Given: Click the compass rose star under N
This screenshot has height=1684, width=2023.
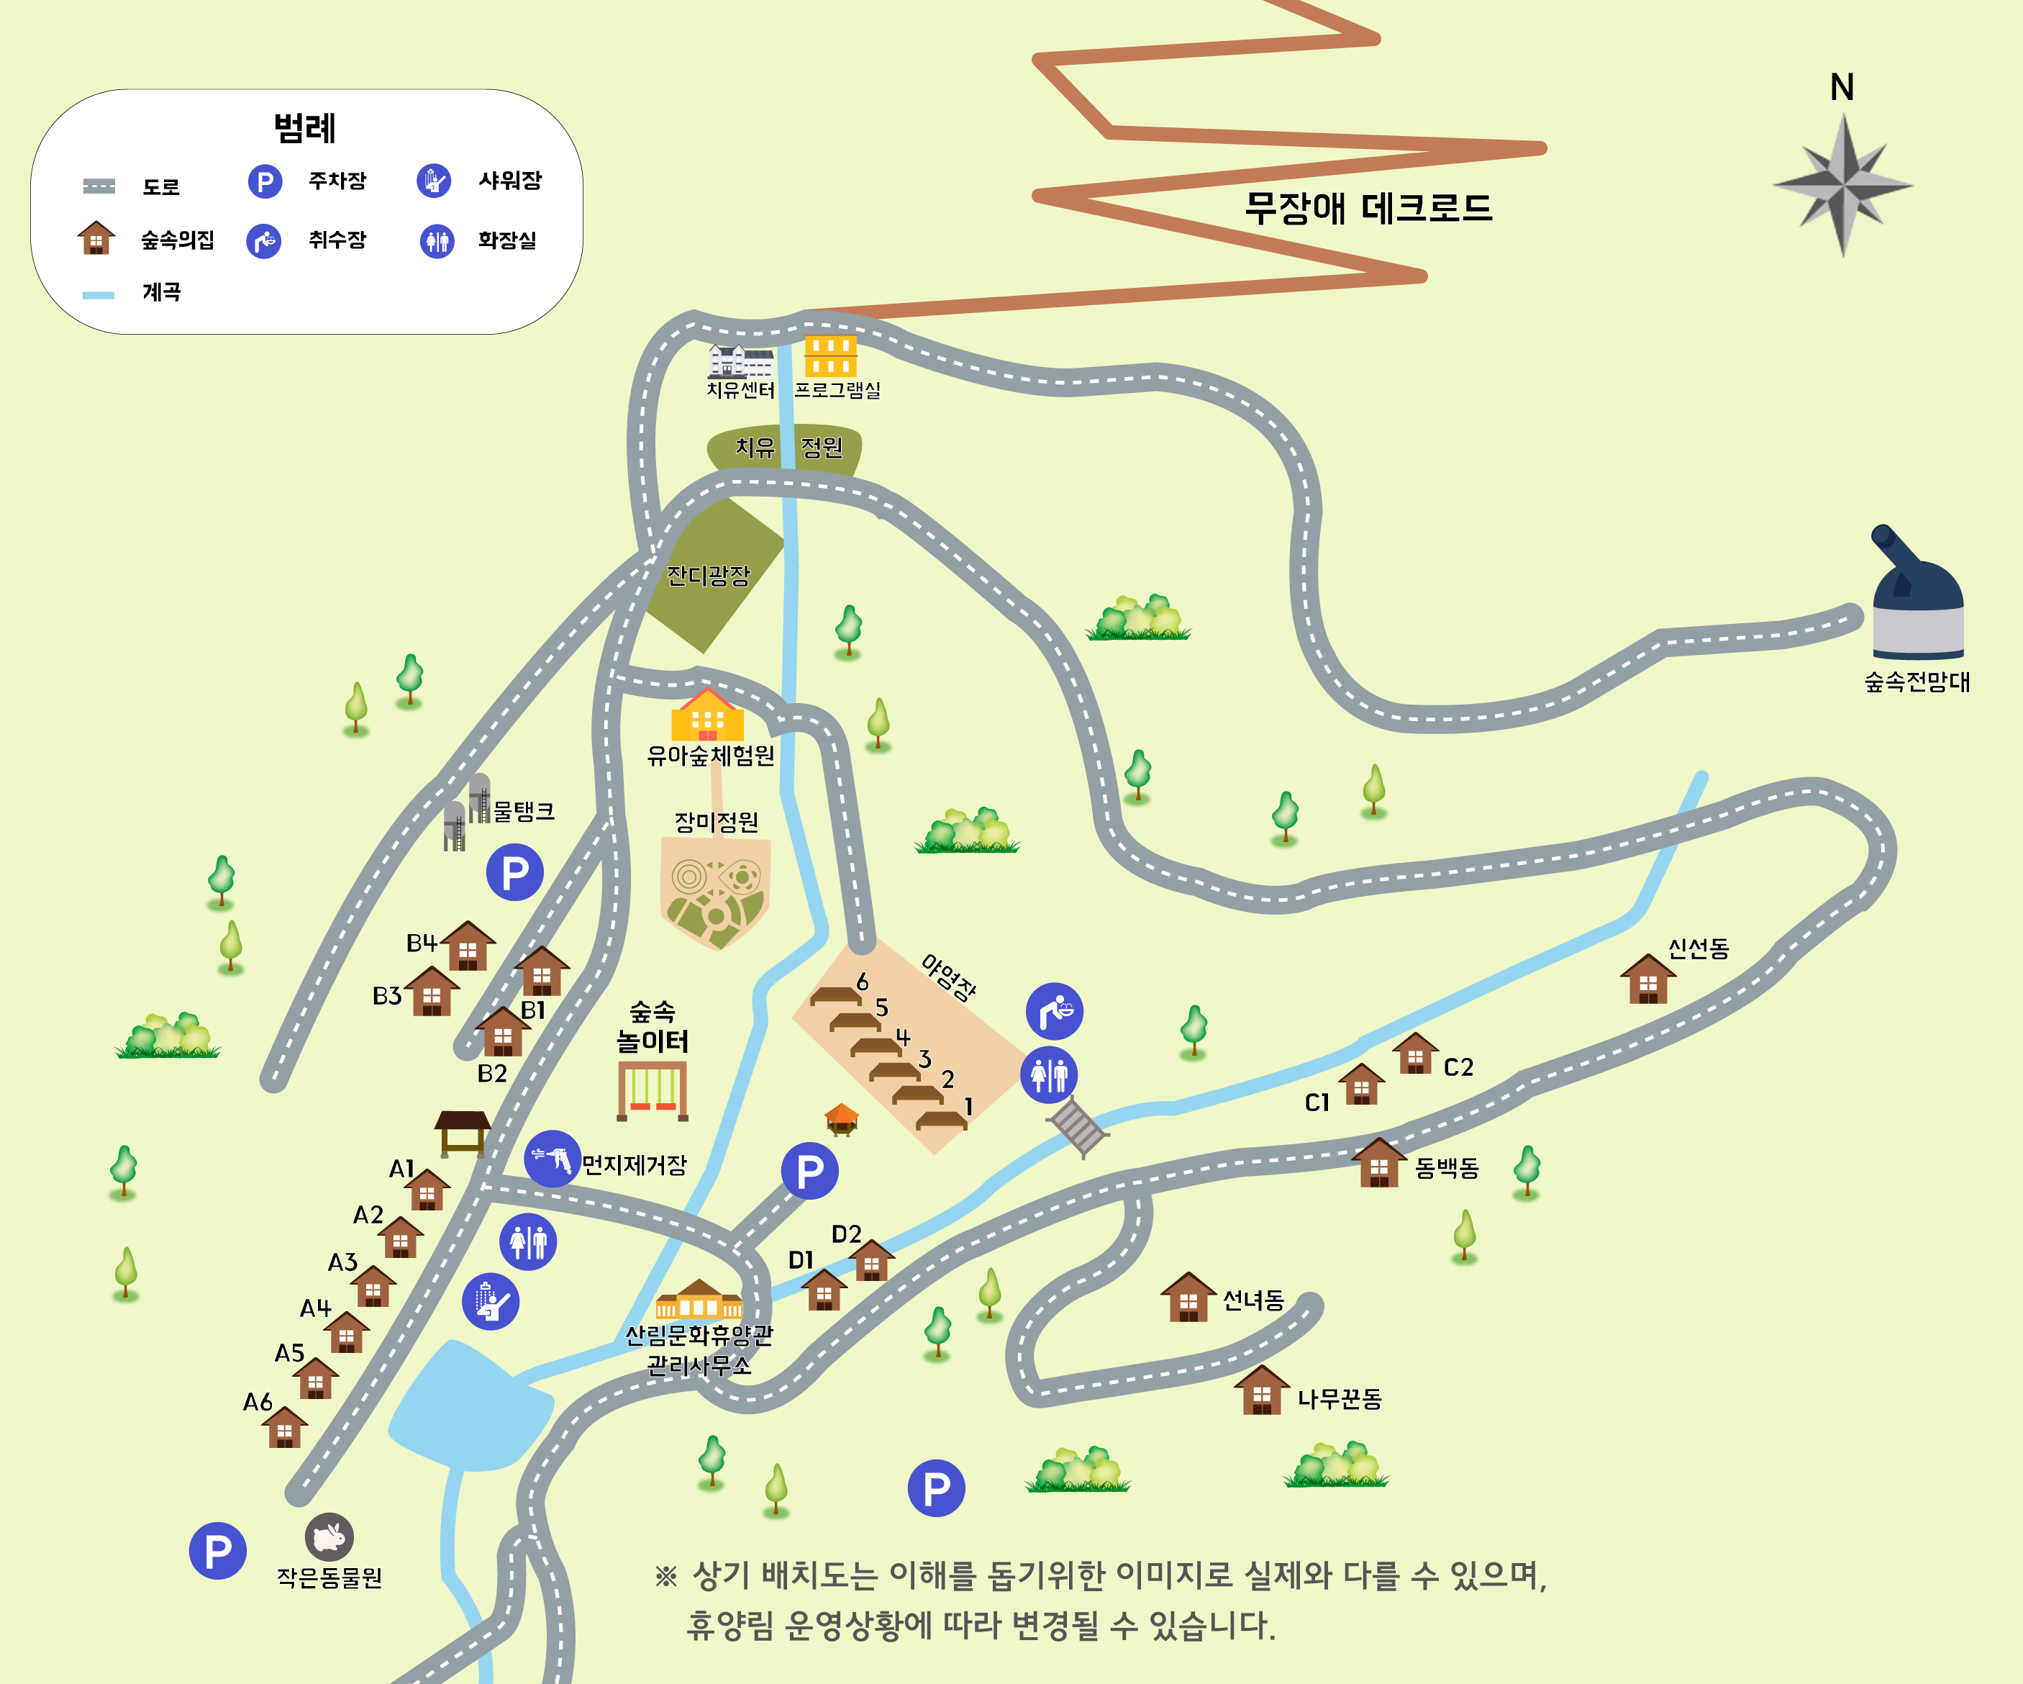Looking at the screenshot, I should [1842, 185].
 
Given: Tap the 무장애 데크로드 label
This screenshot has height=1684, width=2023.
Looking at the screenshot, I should [1368, 208].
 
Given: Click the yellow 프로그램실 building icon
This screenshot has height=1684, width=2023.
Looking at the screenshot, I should [829, 356].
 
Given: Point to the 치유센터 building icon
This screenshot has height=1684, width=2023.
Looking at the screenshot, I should [740, 361].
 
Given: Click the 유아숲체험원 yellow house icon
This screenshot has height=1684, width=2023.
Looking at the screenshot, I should [707, 716].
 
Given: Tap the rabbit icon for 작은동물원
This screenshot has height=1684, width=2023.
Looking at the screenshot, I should [329, 1536].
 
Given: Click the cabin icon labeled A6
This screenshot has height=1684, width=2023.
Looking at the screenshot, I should [284, 1428].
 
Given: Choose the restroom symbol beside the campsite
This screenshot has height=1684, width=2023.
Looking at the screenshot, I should [1049, 1074].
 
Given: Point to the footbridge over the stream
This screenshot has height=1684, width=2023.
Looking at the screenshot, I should [1078, 1127].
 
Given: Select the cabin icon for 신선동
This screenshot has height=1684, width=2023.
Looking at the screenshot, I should [1647, 979].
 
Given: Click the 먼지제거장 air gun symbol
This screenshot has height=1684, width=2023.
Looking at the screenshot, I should [552, 1159].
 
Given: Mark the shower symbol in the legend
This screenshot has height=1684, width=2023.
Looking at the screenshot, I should [434, 181].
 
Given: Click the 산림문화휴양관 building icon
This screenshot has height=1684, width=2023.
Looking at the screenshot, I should [699, 1300].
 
